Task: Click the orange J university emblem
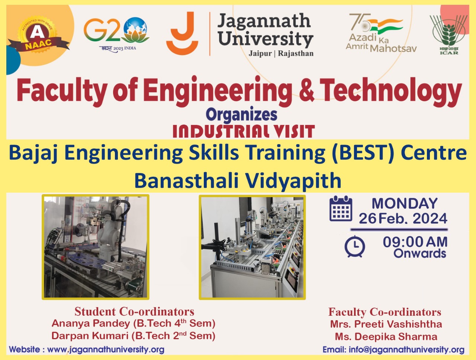(x=182, y=33)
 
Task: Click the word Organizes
(x=241, y=115)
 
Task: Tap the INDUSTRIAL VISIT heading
(x=244, y=131)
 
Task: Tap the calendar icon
(x=341, y=208)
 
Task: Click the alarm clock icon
(x=355, y=246)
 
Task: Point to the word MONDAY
(x=405, y=203)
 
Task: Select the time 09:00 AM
(x=415, y=242)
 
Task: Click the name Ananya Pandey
(x=91, y=324)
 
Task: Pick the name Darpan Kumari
(x=90, y=336)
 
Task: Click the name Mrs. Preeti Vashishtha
(x=386, y=324)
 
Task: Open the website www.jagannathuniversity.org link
(x=106, y=350)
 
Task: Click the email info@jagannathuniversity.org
(x=406, y=350)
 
